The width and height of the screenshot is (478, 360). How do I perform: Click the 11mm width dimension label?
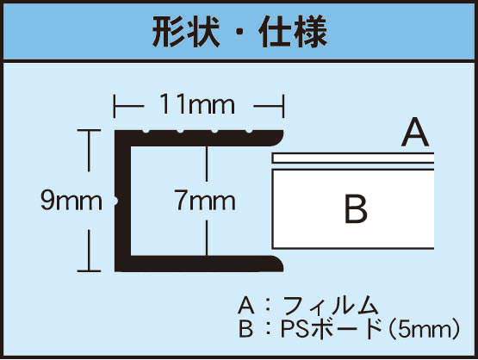pos(197,104)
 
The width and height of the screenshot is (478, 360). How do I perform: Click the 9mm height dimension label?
pos(71,201)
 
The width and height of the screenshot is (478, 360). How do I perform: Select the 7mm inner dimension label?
pos(205,201)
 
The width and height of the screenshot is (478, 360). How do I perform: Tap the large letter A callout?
pos(415,133)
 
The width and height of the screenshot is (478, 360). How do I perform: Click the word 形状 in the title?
pos(186,32)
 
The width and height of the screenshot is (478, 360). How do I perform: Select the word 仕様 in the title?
pos(294,32)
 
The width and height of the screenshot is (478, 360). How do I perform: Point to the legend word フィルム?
pos(331,306)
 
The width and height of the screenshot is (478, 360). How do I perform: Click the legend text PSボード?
pos(332,329)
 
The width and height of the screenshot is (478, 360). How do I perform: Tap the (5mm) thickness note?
pos(424,329)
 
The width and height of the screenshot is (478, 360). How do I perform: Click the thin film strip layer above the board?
pos(353,158)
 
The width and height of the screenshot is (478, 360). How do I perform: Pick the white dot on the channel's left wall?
pos(115,201)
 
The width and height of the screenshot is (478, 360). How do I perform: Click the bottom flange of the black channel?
pos(199,264)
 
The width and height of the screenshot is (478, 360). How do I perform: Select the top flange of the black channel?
pos(199,139)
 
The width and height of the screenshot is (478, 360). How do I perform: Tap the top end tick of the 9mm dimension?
pos(89,130)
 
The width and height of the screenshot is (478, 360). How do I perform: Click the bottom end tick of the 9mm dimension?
pos(89,270)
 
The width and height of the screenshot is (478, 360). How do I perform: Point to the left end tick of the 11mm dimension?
pos(114,106)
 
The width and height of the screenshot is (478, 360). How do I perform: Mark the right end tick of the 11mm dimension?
pos(283,106)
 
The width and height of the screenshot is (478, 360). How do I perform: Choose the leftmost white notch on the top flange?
pos(146,132)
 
